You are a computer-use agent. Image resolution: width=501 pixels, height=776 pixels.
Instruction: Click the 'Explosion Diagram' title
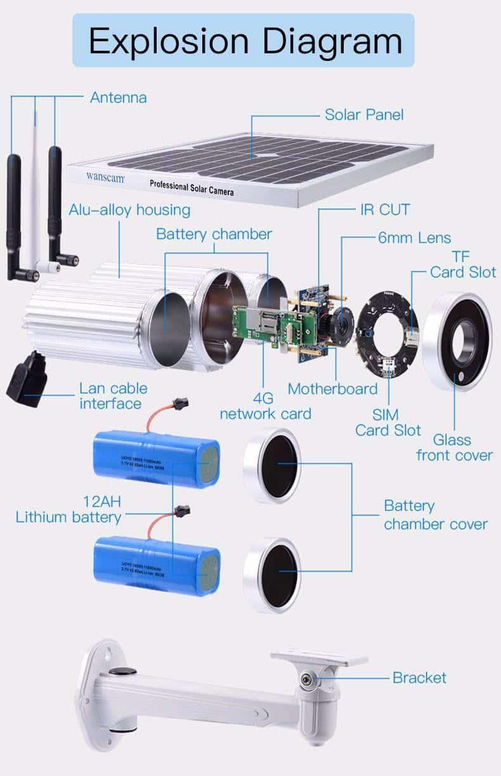pos(245,41)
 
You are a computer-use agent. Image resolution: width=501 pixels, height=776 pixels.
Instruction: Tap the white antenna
pos(37,190)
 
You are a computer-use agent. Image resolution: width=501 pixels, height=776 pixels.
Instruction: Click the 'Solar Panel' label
pos(364,115)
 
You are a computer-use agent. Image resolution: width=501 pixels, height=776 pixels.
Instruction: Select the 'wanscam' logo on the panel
pos(105,178)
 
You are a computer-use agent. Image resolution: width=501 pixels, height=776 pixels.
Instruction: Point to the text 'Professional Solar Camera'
pos(192,187)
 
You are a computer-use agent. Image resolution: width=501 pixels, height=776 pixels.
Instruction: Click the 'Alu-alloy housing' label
pos(129,209)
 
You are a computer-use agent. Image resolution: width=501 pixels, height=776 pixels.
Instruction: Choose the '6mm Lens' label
pos(414,238)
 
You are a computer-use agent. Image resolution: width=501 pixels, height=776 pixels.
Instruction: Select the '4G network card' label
pos(264,406)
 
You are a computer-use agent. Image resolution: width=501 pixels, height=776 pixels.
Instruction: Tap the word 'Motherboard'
pos(332,388)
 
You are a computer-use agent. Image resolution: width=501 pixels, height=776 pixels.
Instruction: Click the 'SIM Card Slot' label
pos(387,423)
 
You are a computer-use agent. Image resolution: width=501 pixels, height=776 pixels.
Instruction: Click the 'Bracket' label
pos(419,678)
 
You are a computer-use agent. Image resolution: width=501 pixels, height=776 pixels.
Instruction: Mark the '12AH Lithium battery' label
pos(68,510)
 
